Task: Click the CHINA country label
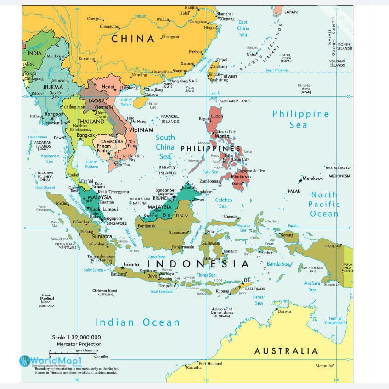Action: (133, 39)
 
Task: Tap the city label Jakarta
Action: (131, 265)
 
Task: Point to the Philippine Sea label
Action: (300, 119)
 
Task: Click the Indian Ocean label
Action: (137, 322)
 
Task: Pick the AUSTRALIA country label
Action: (286, 351)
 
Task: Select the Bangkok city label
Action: (86, 135)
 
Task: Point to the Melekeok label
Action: (313, 178)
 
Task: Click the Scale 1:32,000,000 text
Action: (76, 337)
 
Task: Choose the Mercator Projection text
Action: (79, 344)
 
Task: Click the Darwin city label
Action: (284, 311)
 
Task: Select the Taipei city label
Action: (222, 60)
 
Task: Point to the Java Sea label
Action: (157, 256)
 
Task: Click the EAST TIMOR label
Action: (255, 289)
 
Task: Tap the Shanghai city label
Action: (225, 14)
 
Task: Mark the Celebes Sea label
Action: (224, 203)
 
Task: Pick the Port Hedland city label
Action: (211, 364)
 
